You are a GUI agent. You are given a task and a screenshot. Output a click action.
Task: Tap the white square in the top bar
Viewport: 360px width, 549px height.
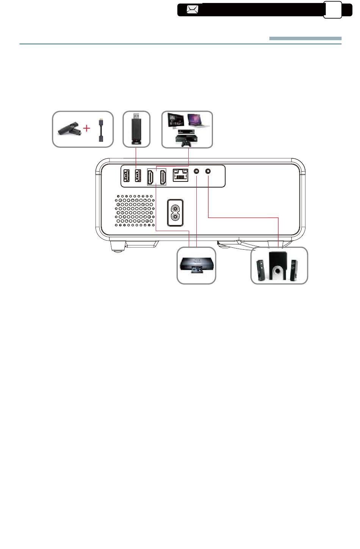[x=333, y=10]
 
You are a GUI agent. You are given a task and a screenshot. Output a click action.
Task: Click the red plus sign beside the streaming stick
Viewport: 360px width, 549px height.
[x=87, y=128]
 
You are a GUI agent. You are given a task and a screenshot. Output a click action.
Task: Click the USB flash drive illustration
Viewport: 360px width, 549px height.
[x=136, y=129]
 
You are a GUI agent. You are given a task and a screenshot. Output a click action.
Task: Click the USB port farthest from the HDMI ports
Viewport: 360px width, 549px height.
[x=127, y=175]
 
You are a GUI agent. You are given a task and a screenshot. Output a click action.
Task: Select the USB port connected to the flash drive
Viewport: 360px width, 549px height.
[x=138, y=175]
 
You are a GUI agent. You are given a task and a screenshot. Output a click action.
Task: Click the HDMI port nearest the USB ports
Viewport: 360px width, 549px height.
[x=151, y=177]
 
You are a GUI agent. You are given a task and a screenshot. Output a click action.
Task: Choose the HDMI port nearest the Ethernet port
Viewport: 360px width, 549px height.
[x=162, y=177]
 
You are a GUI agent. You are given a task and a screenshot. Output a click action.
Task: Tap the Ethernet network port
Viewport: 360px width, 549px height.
[x=180, y=175]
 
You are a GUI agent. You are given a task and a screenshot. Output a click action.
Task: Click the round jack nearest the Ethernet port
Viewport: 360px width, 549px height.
[x=197, y=171]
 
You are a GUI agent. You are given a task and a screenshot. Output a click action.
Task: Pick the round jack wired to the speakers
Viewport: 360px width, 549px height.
[x=208, y=171]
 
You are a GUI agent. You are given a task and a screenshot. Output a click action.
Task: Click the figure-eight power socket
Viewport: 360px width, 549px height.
[x=175, y=213]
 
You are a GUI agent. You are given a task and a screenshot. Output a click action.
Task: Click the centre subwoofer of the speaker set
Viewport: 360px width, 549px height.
[x=278, y=266]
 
